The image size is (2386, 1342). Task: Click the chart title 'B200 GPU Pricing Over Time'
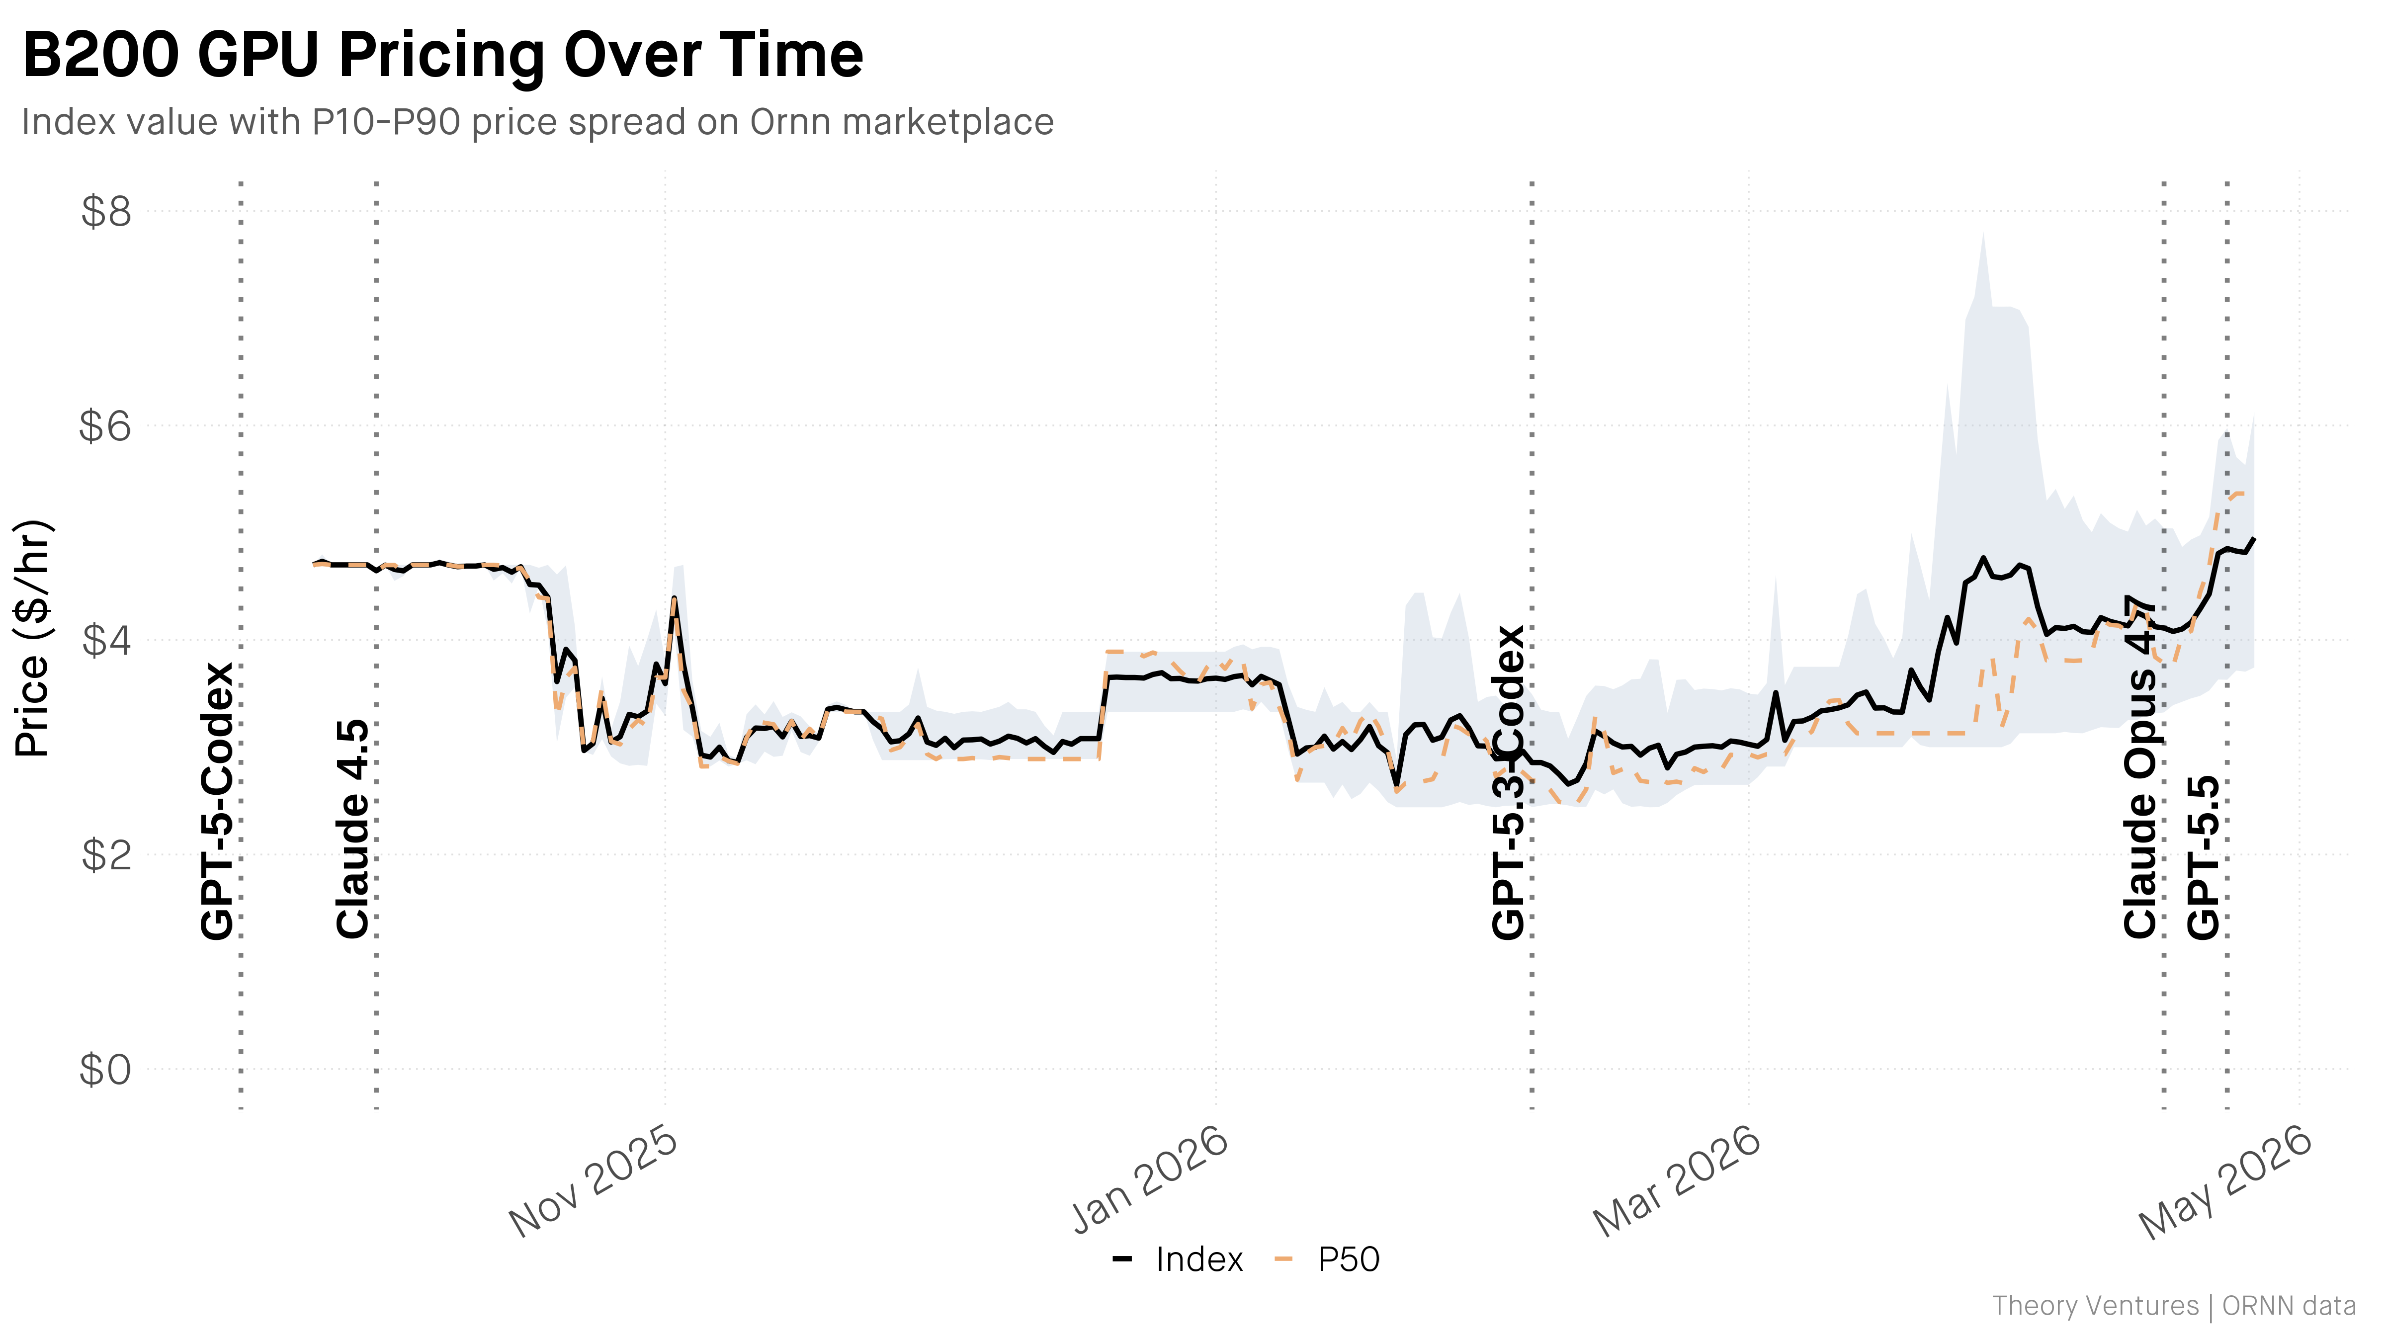tap(443, 56)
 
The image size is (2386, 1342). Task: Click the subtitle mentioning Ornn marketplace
tap(537, 122)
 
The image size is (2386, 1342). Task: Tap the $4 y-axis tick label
tap(106, 640)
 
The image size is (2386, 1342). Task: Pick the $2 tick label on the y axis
tap(106, 855)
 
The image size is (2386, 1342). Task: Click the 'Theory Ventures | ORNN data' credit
tap(2173, 1306)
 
